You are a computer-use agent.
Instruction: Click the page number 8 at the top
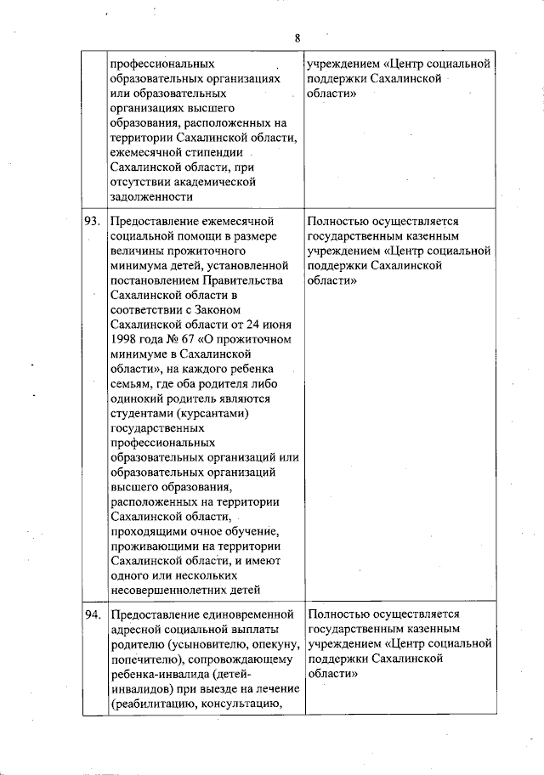click(297, 37)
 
